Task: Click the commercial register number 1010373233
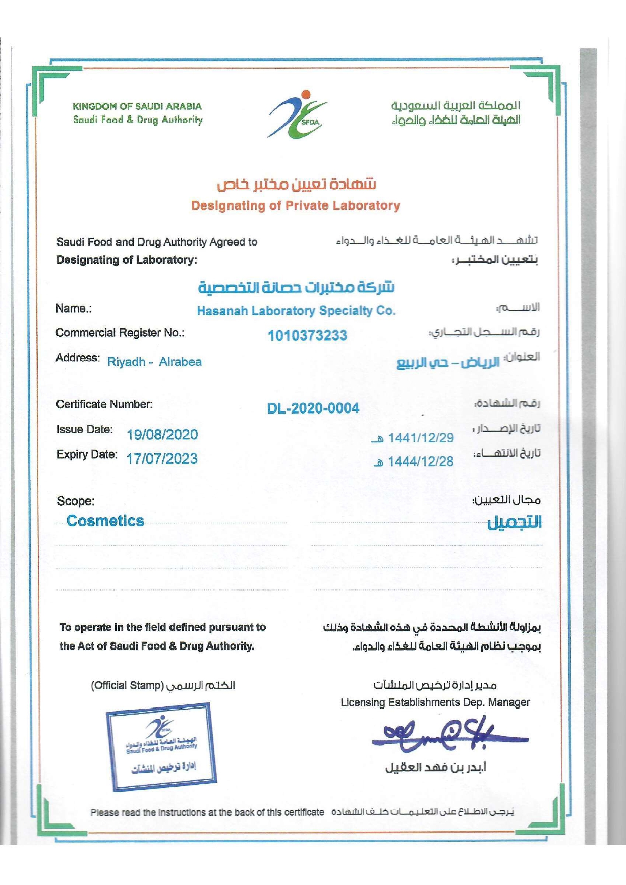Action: point(307,335)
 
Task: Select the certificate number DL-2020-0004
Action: point(313,408)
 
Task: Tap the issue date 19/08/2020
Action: point(162,434)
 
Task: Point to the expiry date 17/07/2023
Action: point(162,458)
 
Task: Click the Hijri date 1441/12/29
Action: point(420,438)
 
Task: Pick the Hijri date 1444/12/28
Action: point(420,461)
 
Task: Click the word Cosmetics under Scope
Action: point(105,521)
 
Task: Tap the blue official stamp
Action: point(161,747)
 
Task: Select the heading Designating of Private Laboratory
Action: point(295,206)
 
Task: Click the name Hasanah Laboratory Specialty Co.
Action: point(296,311)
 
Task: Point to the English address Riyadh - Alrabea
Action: point(154,362)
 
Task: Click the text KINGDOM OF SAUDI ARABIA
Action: point(137,106)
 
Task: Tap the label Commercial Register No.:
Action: point(120,333)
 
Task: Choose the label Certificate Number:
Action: point(104,404)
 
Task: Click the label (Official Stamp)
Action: point(127,686)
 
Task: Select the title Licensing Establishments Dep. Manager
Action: point(435,702)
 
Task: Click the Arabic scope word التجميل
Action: point(514,522)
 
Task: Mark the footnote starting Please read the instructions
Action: point(207,812)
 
